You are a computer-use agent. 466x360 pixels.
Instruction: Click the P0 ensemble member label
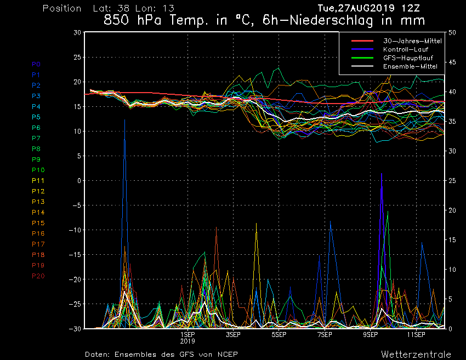[36, 64]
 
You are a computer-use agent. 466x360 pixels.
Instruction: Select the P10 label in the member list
[38, 170]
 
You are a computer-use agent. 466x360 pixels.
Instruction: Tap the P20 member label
[38, 276]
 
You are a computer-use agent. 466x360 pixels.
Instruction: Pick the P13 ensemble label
[38, 202]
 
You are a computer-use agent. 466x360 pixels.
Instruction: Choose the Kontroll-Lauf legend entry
[406, 49]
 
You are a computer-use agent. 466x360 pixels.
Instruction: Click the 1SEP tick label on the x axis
[187, 334]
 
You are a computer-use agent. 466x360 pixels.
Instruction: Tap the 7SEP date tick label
[325, 334]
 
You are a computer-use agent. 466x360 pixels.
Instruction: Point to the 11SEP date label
[416, 334]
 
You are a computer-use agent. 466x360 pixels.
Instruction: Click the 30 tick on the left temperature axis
[77, 32]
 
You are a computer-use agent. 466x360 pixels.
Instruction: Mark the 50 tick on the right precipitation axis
[452, 32]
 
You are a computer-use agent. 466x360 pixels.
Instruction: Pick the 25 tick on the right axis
[452, 181]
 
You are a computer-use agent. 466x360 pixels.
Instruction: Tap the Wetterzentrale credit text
[416, 354]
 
